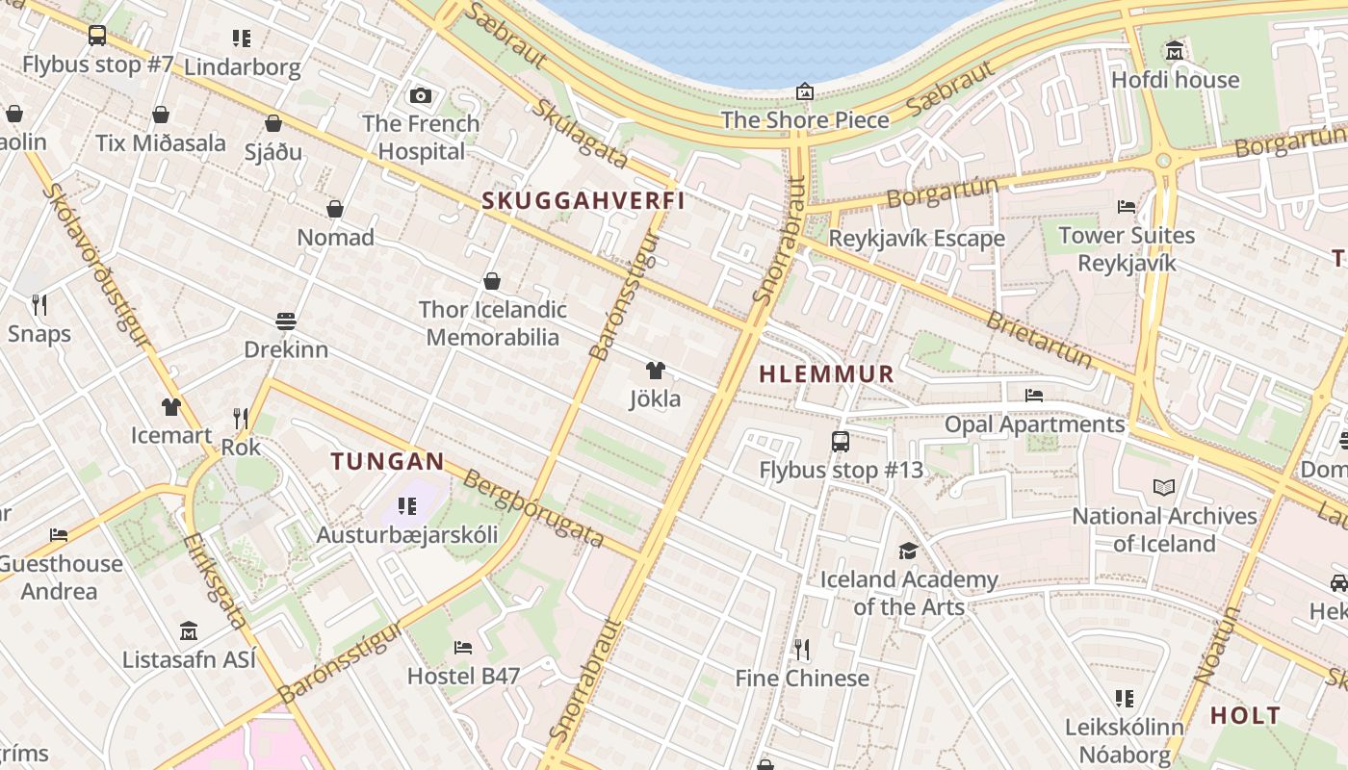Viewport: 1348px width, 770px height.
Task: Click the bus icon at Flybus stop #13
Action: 841,442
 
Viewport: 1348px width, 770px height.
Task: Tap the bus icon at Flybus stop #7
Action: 97,36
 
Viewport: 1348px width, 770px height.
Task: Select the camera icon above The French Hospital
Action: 421,95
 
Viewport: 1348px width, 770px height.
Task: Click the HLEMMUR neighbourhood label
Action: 827,374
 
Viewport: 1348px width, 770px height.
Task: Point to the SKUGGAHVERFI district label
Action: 583,200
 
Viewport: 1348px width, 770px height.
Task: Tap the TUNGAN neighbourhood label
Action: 388,461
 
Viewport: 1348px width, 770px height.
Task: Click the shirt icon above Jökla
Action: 655,371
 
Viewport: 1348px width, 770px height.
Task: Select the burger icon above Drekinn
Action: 285,321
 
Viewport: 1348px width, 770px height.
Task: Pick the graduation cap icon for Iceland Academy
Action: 908,552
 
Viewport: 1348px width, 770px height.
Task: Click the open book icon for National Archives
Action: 1164,488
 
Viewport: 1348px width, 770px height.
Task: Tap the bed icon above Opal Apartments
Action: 1034,396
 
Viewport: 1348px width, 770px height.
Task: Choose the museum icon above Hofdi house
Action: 1175,51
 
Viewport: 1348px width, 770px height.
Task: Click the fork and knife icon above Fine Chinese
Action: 801,650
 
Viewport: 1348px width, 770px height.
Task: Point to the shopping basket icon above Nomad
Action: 335,209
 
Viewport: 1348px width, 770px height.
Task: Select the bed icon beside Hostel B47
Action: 463,648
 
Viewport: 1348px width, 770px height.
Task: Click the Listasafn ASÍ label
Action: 190,659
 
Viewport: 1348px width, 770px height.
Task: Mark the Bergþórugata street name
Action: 533,508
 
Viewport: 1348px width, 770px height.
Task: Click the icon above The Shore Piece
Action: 805,92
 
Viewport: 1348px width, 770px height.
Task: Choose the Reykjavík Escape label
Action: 917,238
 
